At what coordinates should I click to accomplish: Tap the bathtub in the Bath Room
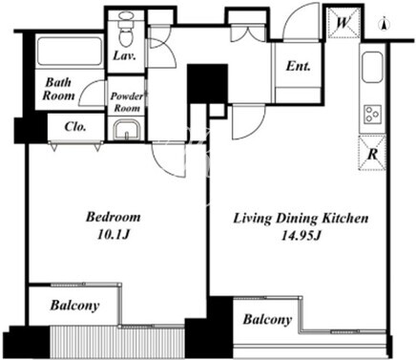(x=70, y=52)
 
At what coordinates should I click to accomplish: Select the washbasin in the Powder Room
(x=126, y=130)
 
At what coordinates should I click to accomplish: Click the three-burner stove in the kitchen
(x=372, y=114)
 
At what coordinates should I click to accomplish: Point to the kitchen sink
(x=372, y=67)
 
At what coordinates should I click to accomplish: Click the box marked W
(x=344, y=23)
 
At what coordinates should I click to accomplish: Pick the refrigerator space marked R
(x=372, y=153)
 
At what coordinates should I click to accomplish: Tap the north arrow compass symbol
(x=385, y=25)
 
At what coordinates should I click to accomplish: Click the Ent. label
(x=298, y=66)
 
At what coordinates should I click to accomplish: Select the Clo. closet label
(x=75, y=127)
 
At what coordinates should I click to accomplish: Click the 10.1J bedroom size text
(x=114, y=235)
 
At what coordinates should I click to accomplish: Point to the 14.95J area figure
(x=301, y=236)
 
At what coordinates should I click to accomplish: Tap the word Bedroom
(x=114, y=217)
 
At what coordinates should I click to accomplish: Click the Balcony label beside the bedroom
(x=75, y=306)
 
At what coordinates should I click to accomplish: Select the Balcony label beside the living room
(x=267, y=319)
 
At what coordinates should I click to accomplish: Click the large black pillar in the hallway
(x=207, y=84)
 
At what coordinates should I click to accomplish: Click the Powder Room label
(x=127, y=102)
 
